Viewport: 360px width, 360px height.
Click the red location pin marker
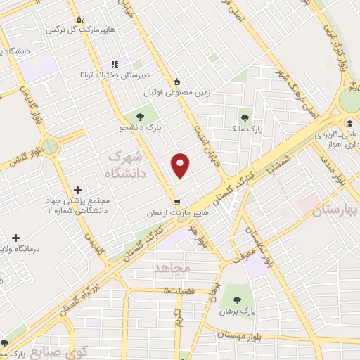tap(181, 165)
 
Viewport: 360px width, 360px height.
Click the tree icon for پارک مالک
tap(245, 118)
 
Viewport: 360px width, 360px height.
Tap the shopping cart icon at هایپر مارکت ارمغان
tap(178, 199)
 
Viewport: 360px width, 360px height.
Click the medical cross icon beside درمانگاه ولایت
tap(15, 238)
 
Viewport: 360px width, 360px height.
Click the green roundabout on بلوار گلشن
tap(49, 147)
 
